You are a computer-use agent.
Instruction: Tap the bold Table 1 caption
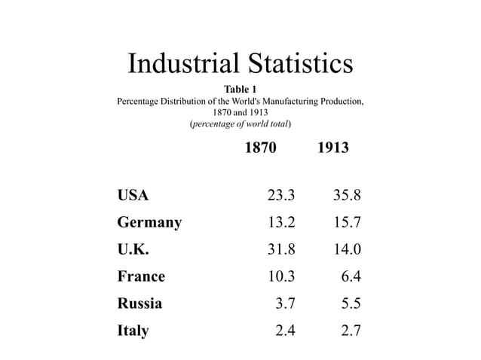pyautogui.click(x=240, y=90)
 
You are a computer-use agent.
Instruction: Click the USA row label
pyautogui.click(x=133, y=196)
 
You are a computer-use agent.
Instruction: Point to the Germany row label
pyautogui.click(x=149, y=223)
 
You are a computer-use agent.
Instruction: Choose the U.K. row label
pyautogui.click(x=133, y=249)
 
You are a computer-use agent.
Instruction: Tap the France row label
pyautogui.click(x=141, y=276)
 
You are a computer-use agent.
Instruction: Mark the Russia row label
pyautogui.click(x=139, y=303)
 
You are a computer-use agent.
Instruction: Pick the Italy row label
pyautogui.click(x=133, y=330)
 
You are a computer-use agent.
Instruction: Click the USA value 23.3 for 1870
pyautogui.click(x=282, y=196)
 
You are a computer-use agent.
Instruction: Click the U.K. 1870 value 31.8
pyautogui.click(x=282, y=249)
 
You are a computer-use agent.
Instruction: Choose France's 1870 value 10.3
pyautogui.click(x=282, y=276)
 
